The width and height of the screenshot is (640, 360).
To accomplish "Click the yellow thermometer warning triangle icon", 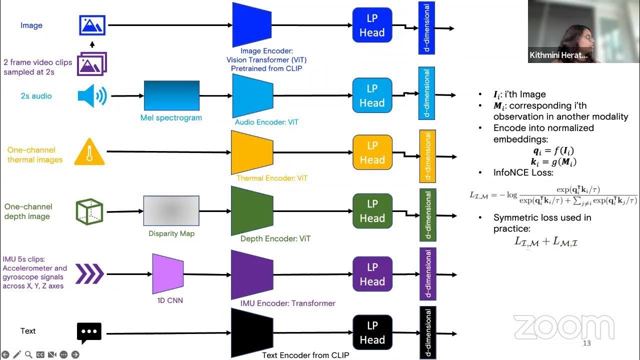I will click(x=89, y=152).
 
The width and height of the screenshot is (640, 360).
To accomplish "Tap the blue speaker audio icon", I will click(x=92, y=96).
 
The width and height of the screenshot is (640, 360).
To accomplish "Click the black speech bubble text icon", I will click(x=89, y=332).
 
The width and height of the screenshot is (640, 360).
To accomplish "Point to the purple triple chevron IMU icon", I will click(x=89, y=274).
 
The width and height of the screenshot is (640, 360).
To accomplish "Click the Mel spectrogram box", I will click(x=171, y=95).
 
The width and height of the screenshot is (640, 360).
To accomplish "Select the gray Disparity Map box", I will click(x=171, y=211).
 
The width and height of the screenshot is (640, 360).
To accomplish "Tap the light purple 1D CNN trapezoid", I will click(x=167, y=273).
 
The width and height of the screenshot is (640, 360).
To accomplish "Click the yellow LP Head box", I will click(x=372, y=152).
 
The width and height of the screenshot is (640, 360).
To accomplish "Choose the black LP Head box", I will click(x=372, y=332).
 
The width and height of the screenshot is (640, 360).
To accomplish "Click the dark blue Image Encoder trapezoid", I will click(x=251, y=24).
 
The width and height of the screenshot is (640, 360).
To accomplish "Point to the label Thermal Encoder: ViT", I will click(x=271, y=178).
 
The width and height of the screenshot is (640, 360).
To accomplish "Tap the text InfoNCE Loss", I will click(x=516, y=172).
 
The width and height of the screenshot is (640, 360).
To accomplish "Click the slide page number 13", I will click(x=587, y=343).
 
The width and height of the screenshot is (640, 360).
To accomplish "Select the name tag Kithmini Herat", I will click(x=558, y=55).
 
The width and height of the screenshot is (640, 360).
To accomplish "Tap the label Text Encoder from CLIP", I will click(x=305, y=355).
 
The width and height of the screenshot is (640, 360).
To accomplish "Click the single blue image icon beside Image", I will click(x=92, y=25).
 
